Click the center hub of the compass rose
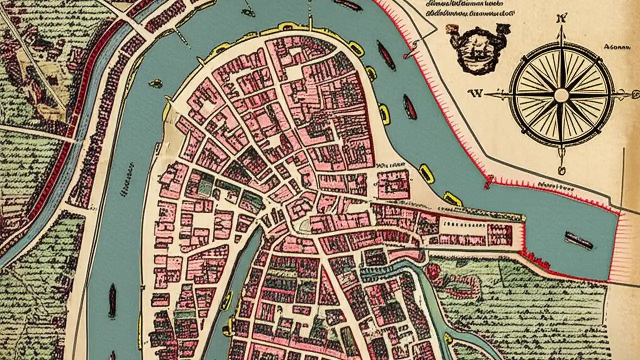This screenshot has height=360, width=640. pos(561,95)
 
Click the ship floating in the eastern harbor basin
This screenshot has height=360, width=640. pos(578,240)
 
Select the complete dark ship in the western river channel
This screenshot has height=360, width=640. pos(112,301)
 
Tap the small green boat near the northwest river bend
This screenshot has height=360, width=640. pos(156,83)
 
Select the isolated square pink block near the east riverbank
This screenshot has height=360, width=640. pos(393,184)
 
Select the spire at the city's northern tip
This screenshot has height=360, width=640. pos(310,22)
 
